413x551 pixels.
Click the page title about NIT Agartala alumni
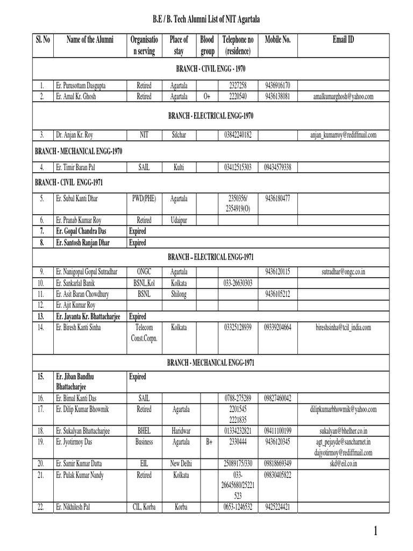tap(206, 19)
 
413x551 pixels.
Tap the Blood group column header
tap(206, 45)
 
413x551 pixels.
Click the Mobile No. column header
tap(278, 40)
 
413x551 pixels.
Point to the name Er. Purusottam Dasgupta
tap(81, 86)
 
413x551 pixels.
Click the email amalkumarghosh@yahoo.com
tap(343, 96)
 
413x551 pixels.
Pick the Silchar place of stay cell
tap(179, 134)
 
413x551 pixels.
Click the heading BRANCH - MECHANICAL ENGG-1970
tap(79, 152)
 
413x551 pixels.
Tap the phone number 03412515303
tap(237, 167)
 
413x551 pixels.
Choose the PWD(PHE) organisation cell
tap(144, 198)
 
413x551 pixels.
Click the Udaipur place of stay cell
tap(179, 220)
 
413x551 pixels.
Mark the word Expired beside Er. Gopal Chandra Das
tap(138, 231)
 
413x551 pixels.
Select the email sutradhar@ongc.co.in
tap(343, 271)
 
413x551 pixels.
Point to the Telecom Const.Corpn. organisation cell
tap(144, 332)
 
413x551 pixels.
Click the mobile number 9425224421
tap(278, 506)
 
